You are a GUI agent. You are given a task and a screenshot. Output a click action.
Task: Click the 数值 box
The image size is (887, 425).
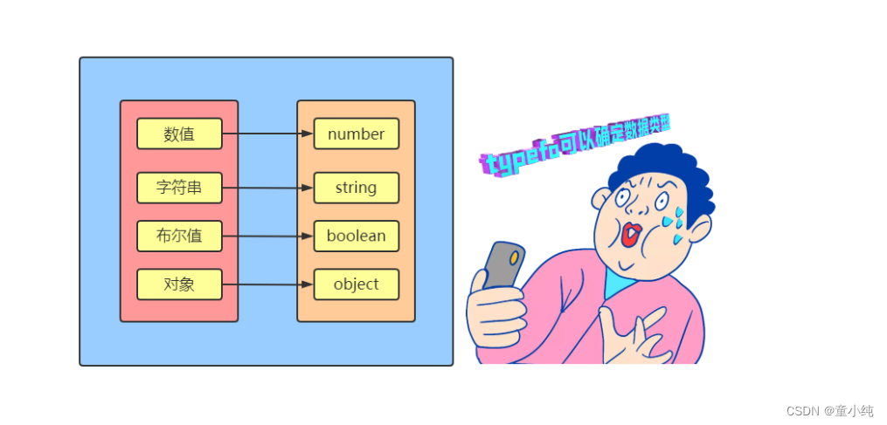click(179, 134)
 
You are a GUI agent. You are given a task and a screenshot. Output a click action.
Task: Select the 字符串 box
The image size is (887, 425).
click(179, 188)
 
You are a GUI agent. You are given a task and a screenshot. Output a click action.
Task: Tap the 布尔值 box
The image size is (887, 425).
click(179, 236)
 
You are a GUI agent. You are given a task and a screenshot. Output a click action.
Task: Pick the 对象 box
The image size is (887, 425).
click(179, 284)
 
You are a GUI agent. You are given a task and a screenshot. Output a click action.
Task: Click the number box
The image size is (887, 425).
click(356, 134)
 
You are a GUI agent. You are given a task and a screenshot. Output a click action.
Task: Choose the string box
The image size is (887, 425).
click(356, 188)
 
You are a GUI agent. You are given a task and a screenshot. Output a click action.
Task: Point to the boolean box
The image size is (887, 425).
click(356, 236)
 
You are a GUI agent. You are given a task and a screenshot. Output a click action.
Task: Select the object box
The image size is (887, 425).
click(356, 284)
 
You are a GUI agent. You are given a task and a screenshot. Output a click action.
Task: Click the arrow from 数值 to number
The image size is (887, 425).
click(267, 134)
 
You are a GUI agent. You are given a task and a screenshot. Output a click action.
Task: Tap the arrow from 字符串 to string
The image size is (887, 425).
click(267, 188)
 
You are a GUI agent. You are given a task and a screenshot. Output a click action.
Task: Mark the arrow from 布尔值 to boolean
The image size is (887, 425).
click(267, 236)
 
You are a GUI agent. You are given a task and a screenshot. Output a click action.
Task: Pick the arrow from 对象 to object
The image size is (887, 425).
click(267, 284)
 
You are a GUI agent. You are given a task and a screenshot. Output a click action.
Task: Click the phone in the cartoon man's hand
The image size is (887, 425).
click(503, 265)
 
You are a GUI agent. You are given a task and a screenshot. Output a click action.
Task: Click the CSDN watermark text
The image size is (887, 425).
click(829, 411)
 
